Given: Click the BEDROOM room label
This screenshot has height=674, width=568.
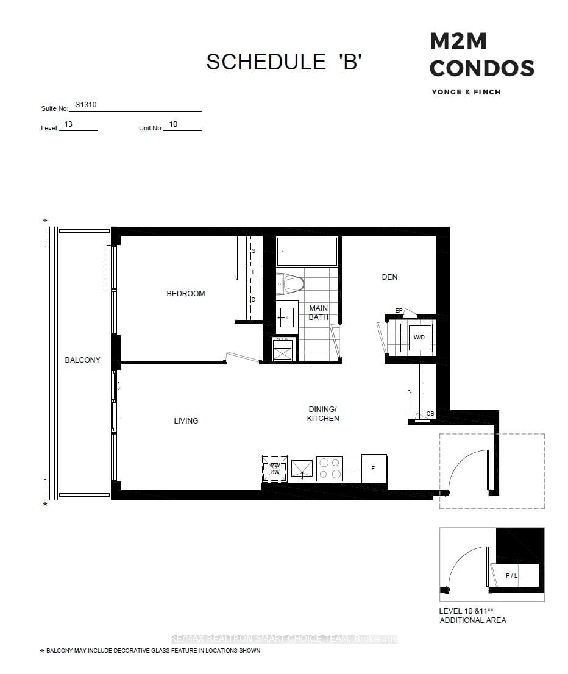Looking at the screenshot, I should [x=186, y=294].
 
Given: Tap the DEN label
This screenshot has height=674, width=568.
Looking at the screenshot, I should [x=389, y=277].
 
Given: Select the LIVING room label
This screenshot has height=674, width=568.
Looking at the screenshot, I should [x=186, y=421].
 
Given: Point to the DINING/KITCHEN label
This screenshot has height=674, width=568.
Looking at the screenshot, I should [x=323, y=414].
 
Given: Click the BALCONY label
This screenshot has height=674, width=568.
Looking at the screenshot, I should [x=82, y=360].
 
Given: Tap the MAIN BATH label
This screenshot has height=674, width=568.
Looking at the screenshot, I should [x=319, y=313].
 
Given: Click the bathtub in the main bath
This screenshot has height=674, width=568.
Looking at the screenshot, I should [x=307, y=252].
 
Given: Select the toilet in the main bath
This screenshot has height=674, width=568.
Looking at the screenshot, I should [x=291, y=283].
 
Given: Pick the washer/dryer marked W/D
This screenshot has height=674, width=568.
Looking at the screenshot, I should [x=419, y=337].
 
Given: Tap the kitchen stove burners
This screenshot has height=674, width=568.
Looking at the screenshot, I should [x=329, y=468].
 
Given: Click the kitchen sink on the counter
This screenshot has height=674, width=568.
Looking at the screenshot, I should [x=302, y=469].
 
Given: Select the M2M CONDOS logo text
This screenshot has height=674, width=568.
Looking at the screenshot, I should [x=481, y=55].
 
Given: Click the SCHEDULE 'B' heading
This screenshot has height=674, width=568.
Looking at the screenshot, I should [x=285, y=62].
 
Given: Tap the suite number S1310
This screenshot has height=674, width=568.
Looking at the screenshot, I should [x=86, y=105].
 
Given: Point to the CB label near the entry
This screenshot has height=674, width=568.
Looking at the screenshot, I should [x=430, y=414].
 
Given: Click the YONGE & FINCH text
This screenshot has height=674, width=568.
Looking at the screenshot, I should [x=466, y=92].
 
